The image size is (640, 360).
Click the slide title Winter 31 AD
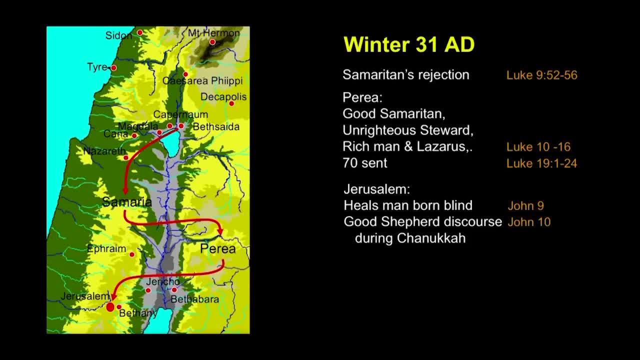(x=409, y=44)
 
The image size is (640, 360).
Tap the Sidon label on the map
(x=118, y=35)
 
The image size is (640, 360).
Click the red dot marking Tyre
(x=113, y=68)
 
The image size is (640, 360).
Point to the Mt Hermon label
(x=213, y=33)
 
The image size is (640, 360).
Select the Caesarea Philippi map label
(x=202, y=81)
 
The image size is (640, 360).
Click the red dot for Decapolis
(x=231, y=103)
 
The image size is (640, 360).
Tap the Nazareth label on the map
(x=104, y=151)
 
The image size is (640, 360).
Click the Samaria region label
(x=127, y=202)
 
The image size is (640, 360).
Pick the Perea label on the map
(x=217, y=248)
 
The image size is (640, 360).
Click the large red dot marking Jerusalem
(x=110, y=307)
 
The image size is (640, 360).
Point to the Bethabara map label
(x=195, y=299)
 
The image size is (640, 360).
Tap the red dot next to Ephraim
(x=132, y=254)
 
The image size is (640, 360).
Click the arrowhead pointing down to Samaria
(x=125, y=191)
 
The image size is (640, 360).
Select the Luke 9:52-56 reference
(x=541, y=75)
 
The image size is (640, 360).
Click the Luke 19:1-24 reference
(x=541, y=163)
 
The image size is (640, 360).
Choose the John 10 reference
(x=529, y=222)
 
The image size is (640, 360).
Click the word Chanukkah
(x=431, y=238)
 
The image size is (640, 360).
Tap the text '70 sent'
(x=365, y=163)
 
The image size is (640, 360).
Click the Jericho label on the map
(x=163, y=281)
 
